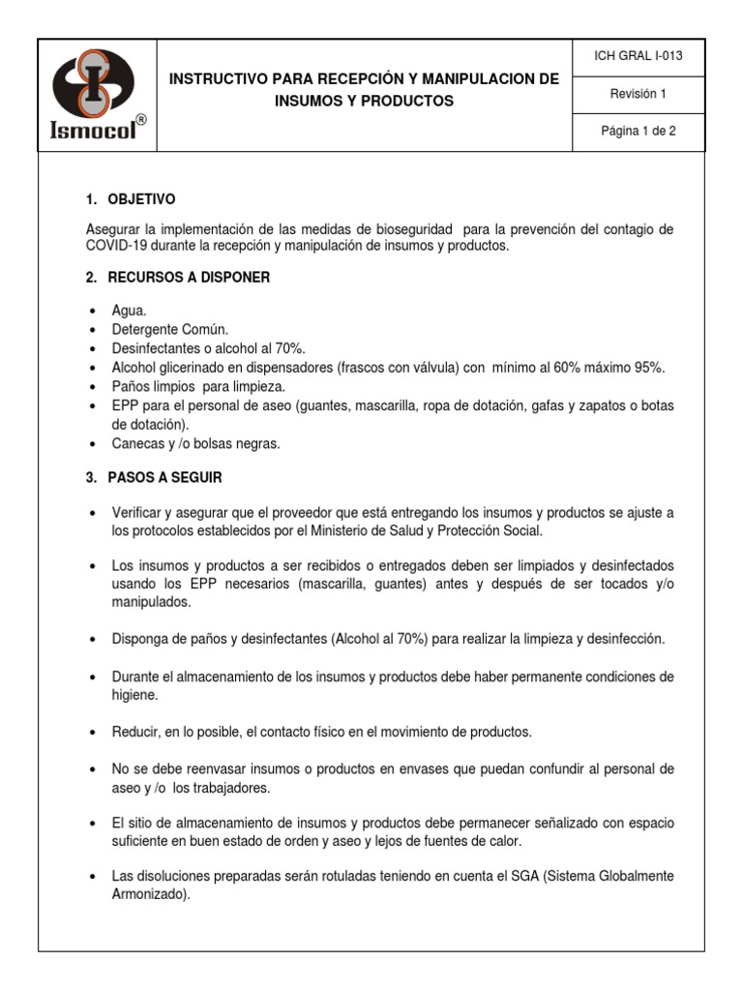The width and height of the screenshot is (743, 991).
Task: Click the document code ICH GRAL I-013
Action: [638, 55]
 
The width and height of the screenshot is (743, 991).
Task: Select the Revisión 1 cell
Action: [638, 94]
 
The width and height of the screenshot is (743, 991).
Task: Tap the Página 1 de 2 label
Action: [638, 133]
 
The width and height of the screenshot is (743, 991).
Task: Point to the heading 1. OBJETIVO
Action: [131, 199]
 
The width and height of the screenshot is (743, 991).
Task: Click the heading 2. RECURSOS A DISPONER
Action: [178, 278]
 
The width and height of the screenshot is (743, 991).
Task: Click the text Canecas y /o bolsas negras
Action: [195, 443]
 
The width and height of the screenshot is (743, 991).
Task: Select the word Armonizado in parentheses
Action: [149, 895]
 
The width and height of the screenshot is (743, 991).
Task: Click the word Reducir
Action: [137, 731]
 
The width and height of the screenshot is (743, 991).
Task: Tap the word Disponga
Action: [141, 639]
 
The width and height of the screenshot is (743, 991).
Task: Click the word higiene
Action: [134, 695]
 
